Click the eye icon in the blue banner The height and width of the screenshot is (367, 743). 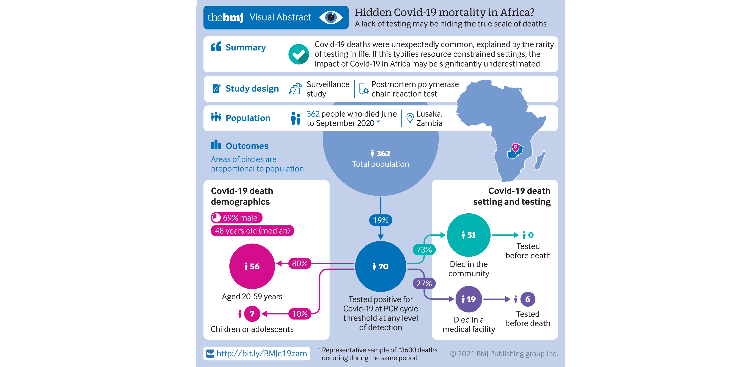pos(331,17)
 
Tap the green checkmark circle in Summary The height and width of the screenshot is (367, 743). pos(298,54)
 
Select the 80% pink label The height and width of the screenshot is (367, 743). pos(300,264)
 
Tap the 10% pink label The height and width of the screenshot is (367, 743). pos(300,314)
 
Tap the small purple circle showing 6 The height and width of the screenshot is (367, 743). pos(528,299)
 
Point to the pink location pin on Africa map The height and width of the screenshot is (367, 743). pos(515,148)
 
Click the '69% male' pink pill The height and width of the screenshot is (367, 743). pos(236,218)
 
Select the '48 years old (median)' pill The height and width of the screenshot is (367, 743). pos(252,231)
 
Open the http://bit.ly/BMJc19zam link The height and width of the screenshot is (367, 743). pos(261,354)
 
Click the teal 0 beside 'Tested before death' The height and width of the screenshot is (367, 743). pos(531,235)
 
